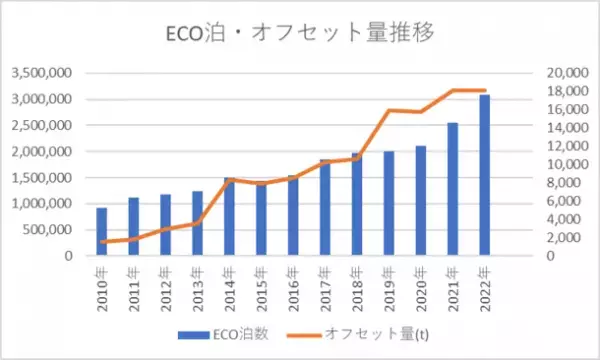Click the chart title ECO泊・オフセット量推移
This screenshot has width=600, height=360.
[300, 32]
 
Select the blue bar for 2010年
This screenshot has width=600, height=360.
[101, 232]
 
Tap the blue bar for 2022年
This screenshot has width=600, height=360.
[484, 176]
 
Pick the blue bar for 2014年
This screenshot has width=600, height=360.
[229, 217]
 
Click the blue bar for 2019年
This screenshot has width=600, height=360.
[388, 204]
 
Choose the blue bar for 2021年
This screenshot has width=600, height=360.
[452, 190]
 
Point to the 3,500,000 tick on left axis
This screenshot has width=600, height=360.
[42, 73]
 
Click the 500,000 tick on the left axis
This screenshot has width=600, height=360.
[48, 230]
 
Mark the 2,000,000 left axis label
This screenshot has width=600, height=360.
[42, 152]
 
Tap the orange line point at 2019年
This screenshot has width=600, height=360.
[388, 110]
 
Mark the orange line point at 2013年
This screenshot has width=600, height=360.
[197, 222]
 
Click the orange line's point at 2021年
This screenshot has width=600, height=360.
[452, 91]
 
